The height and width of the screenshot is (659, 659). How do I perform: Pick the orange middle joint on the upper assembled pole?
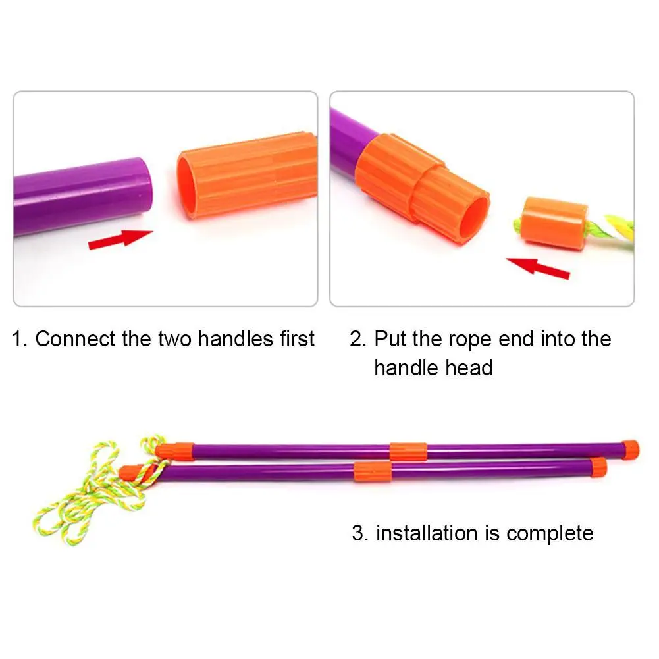(408, 451)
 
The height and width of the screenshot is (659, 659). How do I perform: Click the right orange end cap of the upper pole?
(630, 448)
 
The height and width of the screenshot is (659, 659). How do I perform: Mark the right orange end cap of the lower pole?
(598, 467)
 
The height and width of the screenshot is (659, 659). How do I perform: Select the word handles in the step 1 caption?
(233, 340)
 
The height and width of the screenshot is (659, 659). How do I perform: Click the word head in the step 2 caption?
(471, 367)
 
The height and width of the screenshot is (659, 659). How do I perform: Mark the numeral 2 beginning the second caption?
(357, 340)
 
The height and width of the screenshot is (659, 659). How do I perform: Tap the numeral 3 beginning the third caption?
(359, 533)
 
